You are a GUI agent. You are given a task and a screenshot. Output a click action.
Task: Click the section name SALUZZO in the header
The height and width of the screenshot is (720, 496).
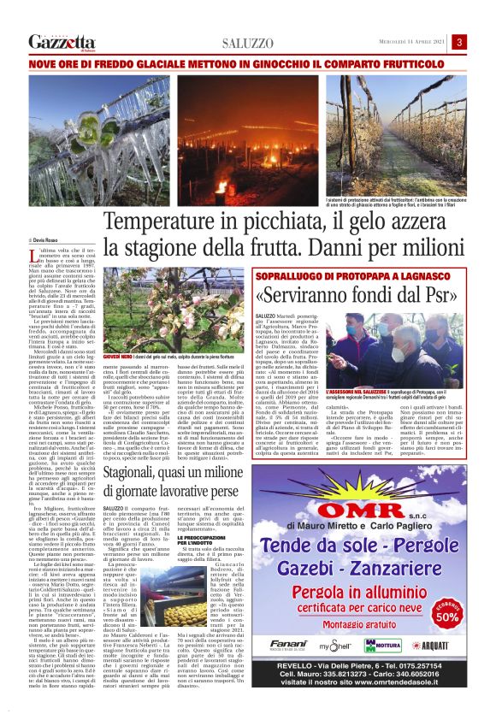tap(248, 43)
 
